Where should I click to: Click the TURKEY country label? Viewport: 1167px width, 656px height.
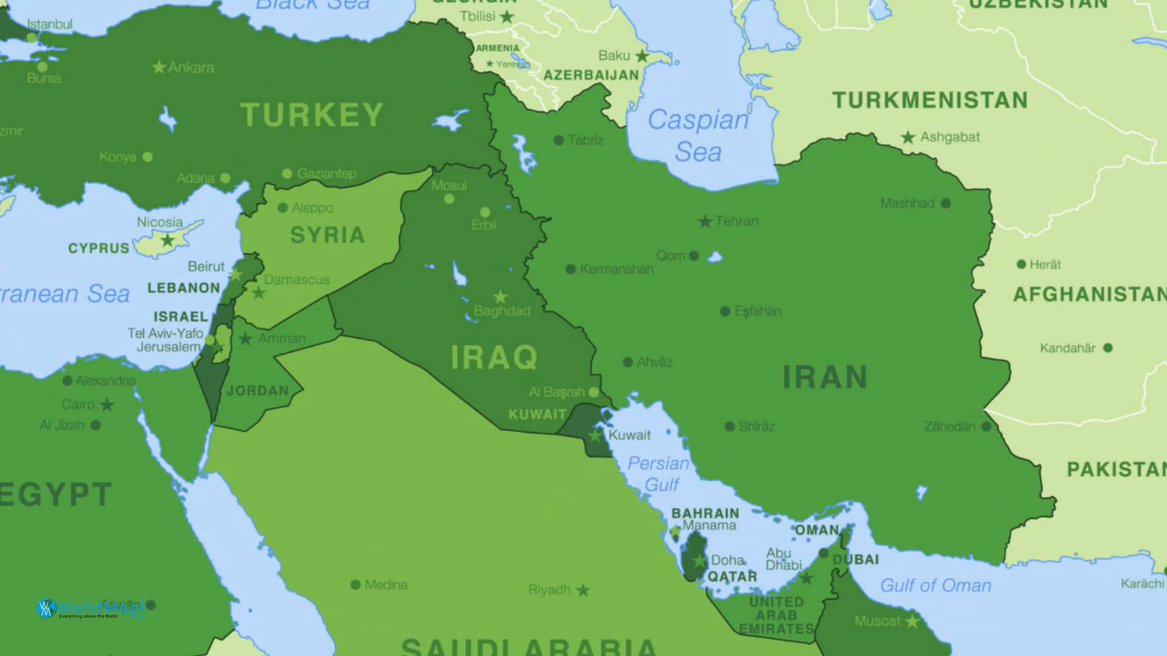(x=312, y=115)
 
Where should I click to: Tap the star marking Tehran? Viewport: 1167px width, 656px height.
(x=704, y=222)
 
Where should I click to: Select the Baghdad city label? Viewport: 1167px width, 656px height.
(x=502, y=311)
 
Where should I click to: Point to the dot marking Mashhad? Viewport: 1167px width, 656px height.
(x=946, y=203)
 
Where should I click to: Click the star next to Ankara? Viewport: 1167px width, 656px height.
(x=159, y=67)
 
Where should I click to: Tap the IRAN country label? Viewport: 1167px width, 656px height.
(x=825, y=377)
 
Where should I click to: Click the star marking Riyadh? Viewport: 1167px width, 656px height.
(x=583, y=590)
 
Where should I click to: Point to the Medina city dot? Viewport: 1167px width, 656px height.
(x=356, y=585)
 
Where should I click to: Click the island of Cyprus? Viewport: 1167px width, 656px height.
(x=167, y=239)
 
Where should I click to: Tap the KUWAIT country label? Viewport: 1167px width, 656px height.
(x=537, y=415)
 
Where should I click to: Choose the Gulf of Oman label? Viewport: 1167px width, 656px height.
(x=935, y=586)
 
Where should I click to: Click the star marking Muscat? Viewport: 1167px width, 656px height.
(x=912, y=621)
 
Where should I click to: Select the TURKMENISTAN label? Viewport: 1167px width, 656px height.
(x=930, y=100)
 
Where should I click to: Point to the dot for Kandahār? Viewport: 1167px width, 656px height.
(x=1107, y=348)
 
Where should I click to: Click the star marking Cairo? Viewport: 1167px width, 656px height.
(x=107, y=405)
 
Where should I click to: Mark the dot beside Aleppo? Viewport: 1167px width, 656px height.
(x=283, y=208)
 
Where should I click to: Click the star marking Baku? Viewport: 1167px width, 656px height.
(x=642, y=56)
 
